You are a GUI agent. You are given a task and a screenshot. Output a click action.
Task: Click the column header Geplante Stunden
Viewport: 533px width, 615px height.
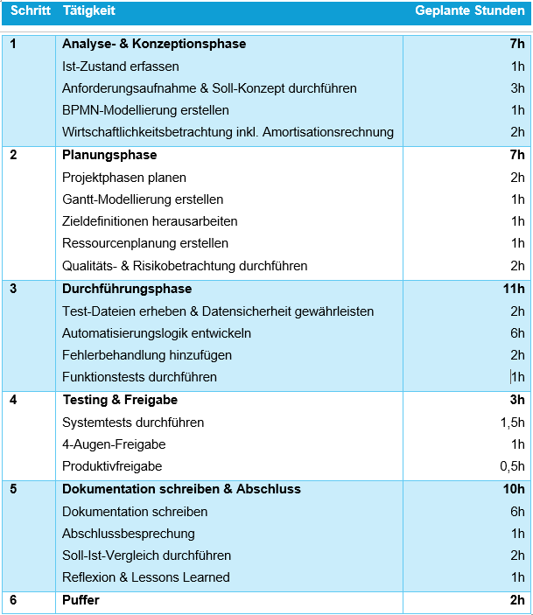coord(469,11)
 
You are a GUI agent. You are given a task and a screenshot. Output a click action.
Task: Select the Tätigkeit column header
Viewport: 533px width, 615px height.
coord(88,11)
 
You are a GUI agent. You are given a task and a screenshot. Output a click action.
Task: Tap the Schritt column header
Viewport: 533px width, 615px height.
coord(30,11)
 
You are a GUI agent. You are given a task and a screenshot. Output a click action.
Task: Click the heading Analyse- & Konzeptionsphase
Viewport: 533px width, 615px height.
coord(154,44)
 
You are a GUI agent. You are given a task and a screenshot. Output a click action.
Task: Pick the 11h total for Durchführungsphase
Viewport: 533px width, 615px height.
coord(515,289)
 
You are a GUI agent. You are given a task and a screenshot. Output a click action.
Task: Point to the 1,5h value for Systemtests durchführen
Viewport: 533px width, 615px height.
coord(512,423)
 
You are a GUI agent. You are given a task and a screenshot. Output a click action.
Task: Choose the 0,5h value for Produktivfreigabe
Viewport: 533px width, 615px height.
coord(512,466)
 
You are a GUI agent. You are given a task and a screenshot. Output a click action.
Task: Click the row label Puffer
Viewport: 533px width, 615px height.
coord(81,600)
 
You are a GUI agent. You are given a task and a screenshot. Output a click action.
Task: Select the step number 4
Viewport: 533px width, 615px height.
coord(13,400)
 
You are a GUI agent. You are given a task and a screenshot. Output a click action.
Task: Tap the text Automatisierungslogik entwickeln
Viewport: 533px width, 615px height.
coord(157,333)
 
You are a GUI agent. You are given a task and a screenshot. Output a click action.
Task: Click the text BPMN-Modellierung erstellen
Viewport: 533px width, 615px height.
coord(145,110)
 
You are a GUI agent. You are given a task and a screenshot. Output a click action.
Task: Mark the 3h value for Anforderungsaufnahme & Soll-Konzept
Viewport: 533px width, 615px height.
coord(518,88)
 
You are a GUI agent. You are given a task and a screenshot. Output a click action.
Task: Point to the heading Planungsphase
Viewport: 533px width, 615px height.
coord(109,155)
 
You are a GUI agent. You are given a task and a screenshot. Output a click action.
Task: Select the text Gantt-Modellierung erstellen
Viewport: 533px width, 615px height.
coord(143,199)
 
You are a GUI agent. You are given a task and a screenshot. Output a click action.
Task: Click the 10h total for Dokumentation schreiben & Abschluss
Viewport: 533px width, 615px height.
coord(515,489)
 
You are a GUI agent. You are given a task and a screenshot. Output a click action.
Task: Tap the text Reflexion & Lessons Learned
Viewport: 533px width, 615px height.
coord(146,577)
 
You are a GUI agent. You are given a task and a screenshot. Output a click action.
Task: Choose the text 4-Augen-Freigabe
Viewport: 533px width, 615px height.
coord(114,444)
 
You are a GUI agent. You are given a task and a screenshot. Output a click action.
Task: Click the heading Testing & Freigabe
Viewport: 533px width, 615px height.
coord(120,400)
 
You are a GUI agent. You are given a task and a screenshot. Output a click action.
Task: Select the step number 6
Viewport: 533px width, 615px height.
coord(13,600)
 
